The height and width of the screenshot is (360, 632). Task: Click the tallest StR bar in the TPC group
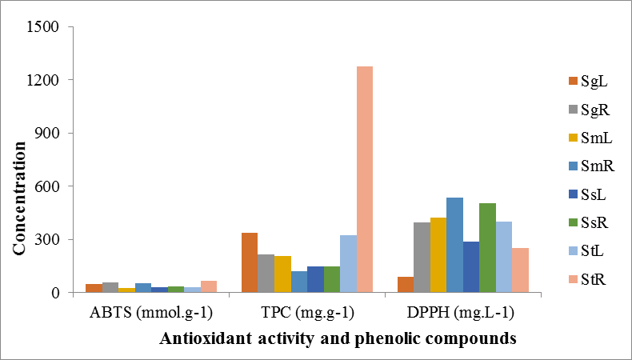[364, 179]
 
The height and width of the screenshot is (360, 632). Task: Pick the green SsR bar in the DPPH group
[487, 248]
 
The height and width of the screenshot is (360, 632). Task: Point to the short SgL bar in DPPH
[406, 285]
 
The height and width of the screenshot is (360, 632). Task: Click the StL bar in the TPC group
[347, 264]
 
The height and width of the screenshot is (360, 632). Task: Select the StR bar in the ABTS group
[208, 286]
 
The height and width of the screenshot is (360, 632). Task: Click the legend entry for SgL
[590, 81]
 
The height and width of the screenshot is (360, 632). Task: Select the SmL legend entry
[590, 138]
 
